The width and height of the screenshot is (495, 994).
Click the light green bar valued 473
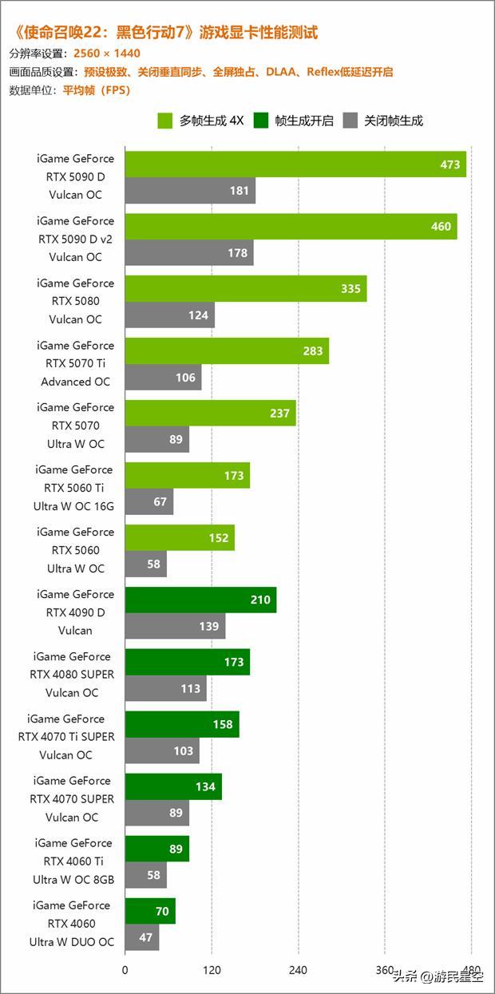point(295,164)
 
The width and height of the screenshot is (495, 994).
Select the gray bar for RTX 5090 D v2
point(189,253)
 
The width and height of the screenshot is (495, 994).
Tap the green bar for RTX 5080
point(246,289)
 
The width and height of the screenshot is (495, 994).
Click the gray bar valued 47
point(142,937)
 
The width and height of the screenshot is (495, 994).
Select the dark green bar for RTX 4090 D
point(200,600)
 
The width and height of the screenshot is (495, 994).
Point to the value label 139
point(209,627)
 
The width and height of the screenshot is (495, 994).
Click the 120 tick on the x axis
point(212,971)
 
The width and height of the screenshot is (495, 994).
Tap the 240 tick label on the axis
point(299,971)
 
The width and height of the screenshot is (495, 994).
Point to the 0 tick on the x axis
point(125,971)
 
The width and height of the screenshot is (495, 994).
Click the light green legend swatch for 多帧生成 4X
point(166,121)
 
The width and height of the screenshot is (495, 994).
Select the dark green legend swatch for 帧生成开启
point(261,121)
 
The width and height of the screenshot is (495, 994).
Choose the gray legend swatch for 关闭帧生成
point(350,121)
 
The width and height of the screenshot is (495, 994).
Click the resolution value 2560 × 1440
point(107,53)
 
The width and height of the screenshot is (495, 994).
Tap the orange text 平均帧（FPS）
point(97,90)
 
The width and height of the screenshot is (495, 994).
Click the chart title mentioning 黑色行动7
point(166,33)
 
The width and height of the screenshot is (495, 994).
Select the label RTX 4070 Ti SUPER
point(66,736)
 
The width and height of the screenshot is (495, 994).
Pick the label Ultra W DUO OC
point(72,941)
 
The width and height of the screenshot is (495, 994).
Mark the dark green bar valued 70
point(150,910)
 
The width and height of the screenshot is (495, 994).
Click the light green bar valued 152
point(180,537)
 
